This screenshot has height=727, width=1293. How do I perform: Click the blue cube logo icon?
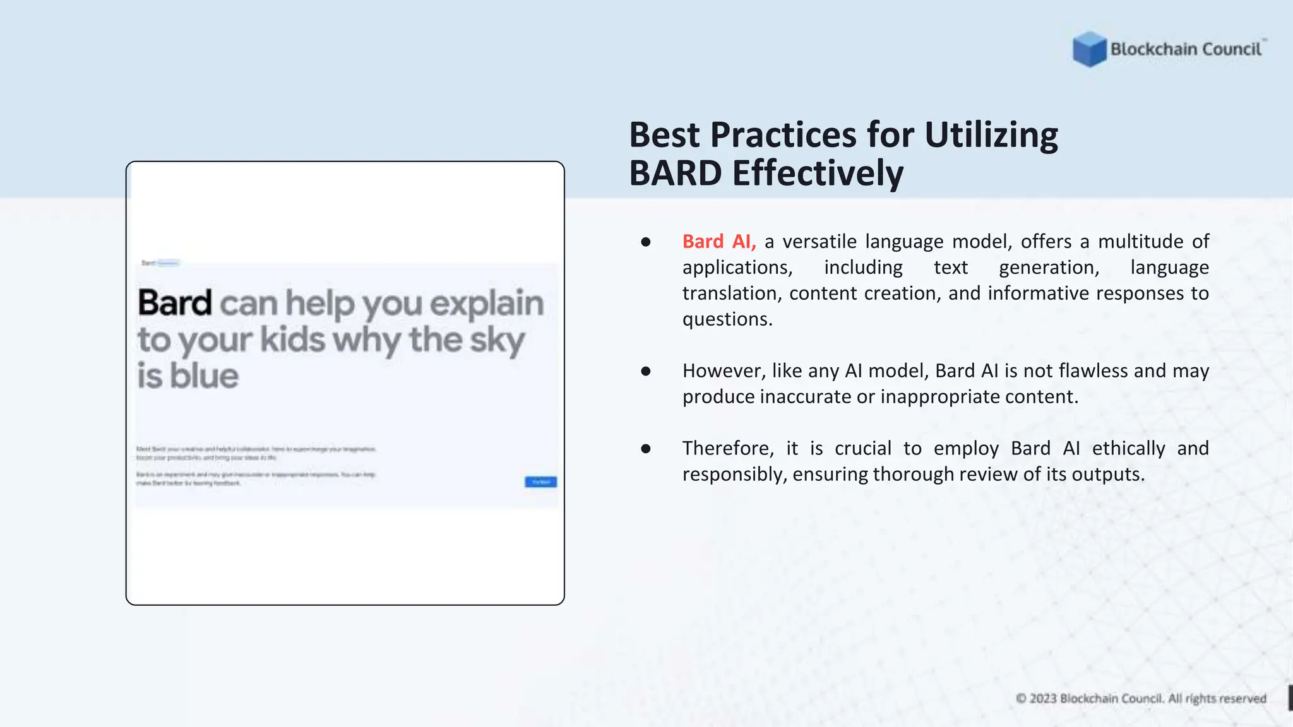[x=1089, y=49]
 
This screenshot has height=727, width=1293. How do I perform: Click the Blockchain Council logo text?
[x=1186, y=49]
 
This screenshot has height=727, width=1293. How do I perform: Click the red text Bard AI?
[x=718, y=242]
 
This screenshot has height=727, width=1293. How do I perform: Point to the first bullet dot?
[x=645, y=242]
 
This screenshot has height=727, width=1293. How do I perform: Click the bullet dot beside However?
[x=645, y=371]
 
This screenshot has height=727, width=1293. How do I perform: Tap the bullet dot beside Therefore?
[x=645, y=449]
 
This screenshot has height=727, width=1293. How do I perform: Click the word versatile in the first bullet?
[x=819, y=242]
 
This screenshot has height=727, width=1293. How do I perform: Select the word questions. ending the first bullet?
[x=727, y=319]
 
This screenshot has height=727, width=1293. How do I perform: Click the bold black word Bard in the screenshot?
[x=175, y=303]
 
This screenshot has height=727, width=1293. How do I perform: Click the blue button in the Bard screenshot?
[x=540, y=482]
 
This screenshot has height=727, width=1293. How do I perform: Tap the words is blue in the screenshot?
[x=188, y=376]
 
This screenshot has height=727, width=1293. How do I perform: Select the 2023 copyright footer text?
[x=1140, y=699]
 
